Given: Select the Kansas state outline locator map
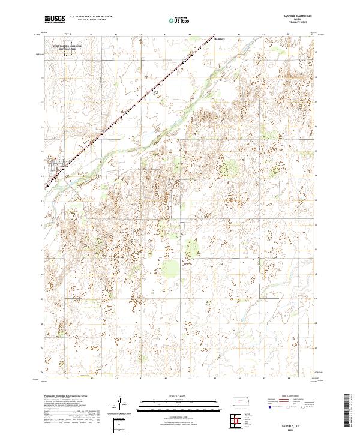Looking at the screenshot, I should tap(242, 405).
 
